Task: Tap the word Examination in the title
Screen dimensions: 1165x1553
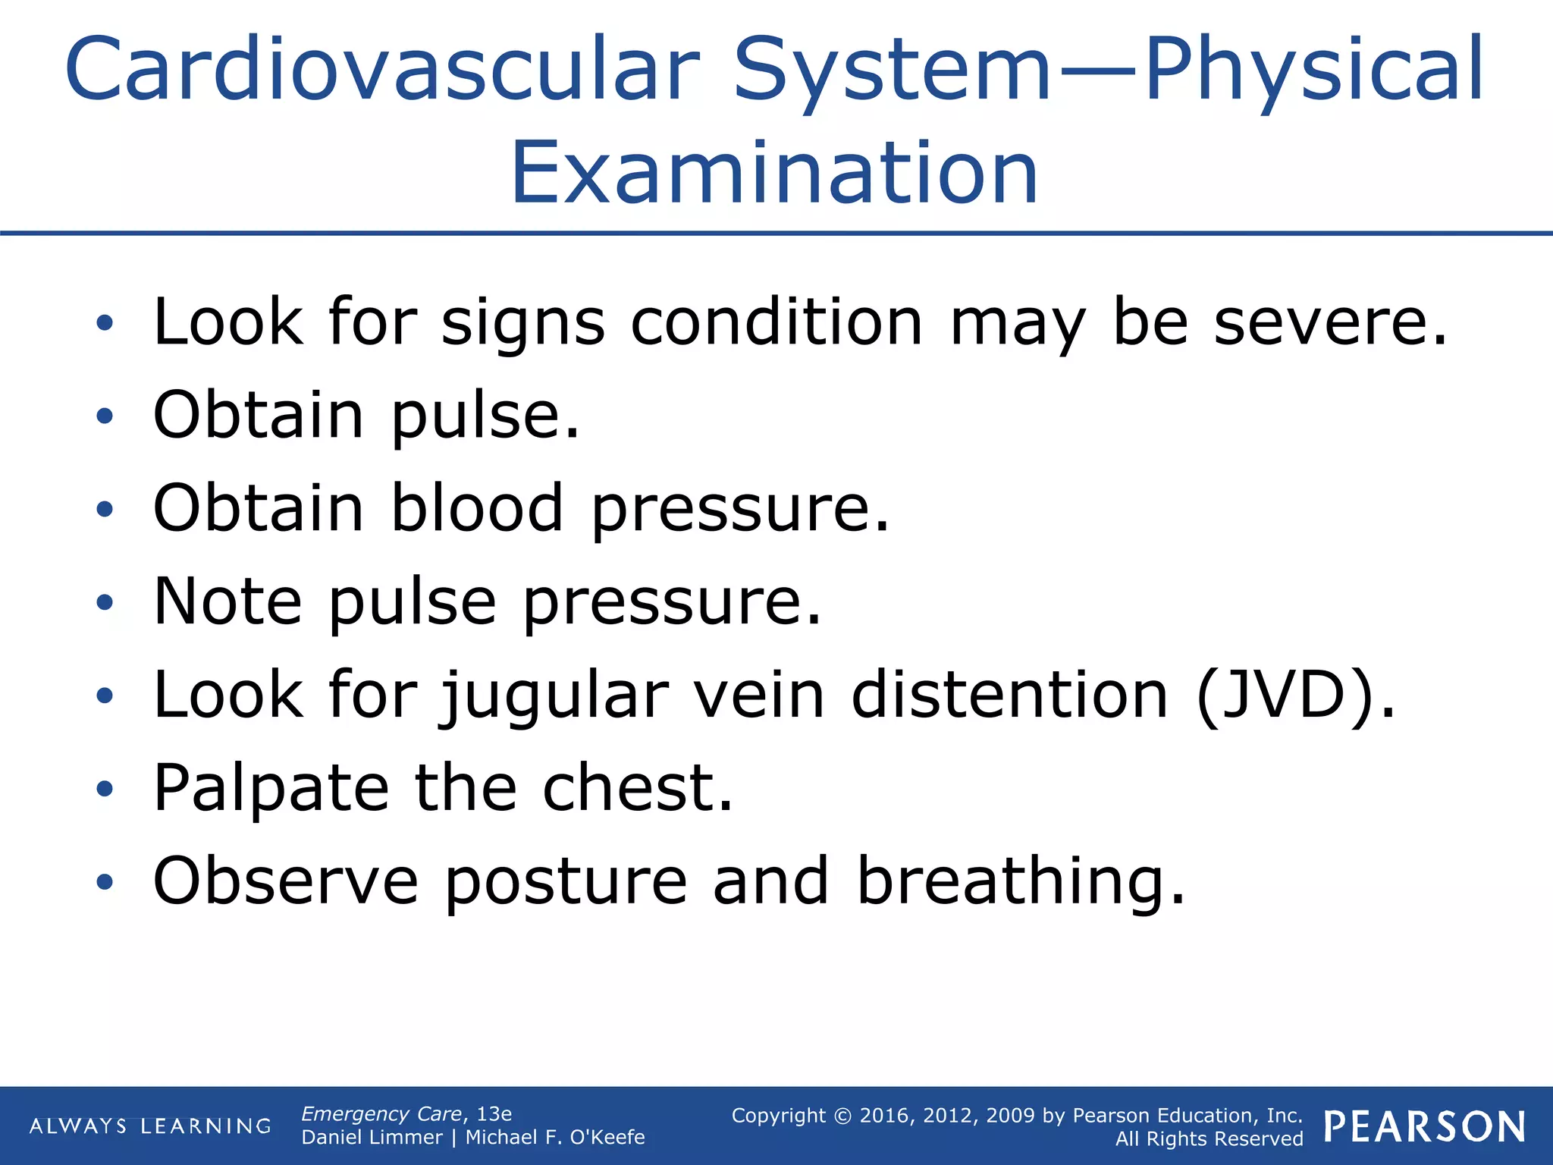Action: pos(774,174)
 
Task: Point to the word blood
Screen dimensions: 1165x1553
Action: pos(477,507)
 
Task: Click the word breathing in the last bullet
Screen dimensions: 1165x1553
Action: pos(1020,882)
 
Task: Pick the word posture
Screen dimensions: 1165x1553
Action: pos(565,882)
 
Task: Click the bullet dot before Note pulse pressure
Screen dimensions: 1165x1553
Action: pos(105,602)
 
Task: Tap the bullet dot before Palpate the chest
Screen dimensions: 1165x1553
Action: pos(105,789)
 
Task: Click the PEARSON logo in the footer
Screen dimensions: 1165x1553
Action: pos(1424,1126)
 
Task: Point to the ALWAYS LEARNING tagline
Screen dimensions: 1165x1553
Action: pos(150,1126)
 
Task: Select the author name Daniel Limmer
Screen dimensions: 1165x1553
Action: pos(372,1137)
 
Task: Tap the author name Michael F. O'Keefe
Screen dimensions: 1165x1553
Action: pos(554,1137)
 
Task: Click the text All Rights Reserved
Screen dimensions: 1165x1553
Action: pos(1209,1138)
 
